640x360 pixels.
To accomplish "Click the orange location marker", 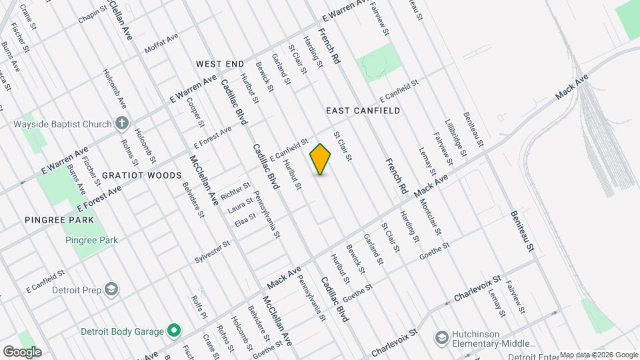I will click(321, 159).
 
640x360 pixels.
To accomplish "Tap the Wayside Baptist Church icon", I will click(121, 123).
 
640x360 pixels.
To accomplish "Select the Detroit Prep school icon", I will click(112, 289).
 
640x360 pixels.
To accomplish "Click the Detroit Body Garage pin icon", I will click(174, 330).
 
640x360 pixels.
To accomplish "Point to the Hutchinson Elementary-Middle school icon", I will click(441, 339).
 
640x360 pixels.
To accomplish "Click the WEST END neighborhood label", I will click(220, 64).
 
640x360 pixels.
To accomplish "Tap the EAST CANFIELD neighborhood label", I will click(363, 111).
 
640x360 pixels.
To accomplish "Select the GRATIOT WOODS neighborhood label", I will click(141, 175).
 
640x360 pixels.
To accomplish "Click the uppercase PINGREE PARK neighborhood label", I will click(59, 219).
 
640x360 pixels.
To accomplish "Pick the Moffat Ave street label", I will click(161, 45).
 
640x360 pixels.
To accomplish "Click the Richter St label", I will click(235, 191).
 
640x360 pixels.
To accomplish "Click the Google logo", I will click(21, 352).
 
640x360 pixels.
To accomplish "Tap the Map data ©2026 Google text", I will click(598, 355).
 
